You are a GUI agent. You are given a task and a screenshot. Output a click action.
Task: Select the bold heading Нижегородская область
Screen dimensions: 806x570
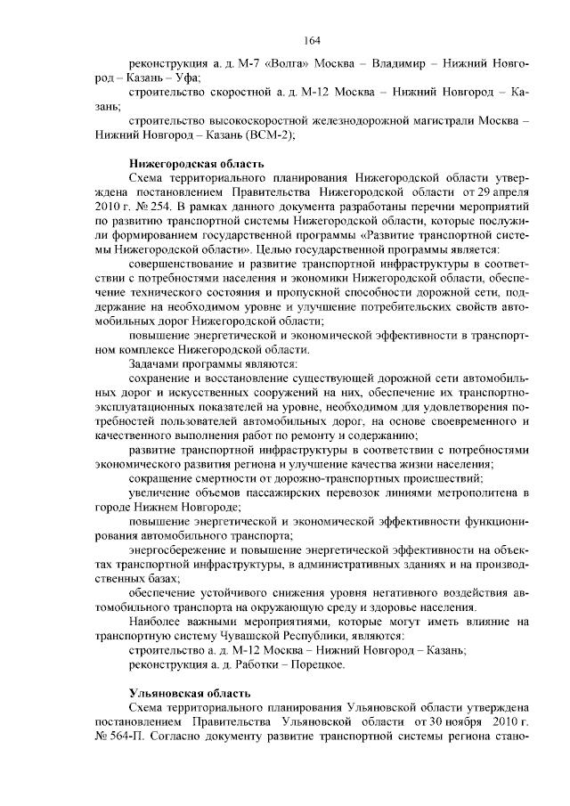click(x=184, y=163)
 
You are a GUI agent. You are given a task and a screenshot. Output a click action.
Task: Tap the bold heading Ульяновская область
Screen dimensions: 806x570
click(x=177, y=693)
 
